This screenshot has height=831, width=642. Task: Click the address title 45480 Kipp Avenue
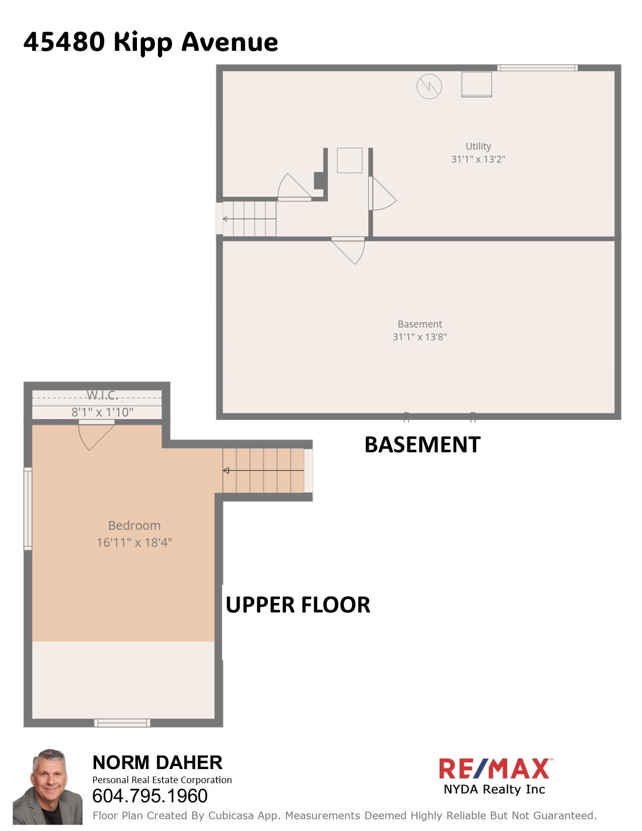pos(150,42)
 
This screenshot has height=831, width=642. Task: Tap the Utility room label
pos(478,147)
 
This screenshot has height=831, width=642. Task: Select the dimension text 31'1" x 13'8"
pos(419,337)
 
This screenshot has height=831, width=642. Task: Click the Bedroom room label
pos(134,526)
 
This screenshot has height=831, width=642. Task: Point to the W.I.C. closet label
pos(102,395)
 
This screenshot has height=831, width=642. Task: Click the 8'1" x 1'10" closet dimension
pos(102,412)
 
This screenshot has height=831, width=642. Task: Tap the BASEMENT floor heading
pos(422,445)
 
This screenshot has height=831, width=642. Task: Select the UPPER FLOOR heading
pos(298,605)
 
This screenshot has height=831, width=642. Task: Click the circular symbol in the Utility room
pos(429,87)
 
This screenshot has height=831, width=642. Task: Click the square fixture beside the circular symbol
pos(476,84)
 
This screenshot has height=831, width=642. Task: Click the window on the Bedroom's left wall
pos(28,508)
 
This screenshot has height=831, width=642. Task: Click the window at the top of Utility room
pos(537,68)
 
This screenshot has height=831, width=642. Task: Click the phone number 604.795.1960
pos(150,796)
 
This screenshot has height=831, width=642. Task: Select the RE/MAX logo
pos(494,776)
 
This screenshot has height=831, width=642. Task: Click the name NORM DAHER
pos(157,763)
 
